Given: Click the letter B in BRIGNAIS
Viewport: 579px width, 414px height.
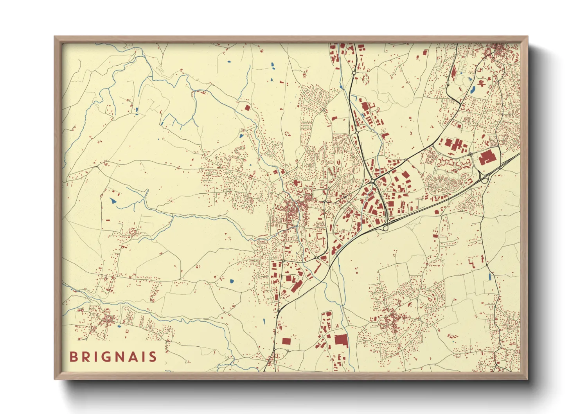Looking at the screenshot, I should coord(73,357).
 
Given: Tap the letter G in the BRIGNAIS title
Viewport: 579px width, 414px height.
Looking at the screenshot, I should coord(107,357).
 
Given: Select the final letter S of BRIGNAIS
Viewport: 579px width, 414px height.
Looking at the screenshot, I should coord(153,357).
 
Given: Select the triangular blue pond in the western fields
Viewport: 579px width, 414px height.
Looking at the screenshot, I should coord(113,201).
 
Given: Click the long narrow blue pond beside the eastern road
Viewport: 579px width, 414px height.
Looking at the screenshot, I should coord(489,277).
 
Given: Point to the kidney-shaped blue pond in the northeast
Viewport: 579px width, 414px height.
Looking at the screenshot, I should coord(473,89).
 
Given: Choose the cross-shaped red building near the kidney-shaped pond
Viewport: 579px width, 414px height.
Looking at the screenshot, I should coord(482,83).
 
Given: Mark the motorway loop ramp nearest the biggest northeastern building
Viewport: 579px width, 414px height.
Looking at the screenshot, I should coord(484,180).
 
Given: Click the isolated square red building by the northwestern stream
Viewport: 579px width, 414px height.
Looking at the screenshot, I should coord(247,108).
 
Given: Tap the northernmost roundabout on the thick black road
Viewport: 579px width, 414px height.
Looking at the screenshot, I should coord(354,73).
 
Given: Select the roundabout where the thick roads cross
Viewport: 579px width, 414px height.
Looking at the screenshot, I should coord(372,182).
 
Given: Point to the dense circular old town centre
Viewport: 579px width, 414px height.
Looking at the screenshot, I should coord(291,212).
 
